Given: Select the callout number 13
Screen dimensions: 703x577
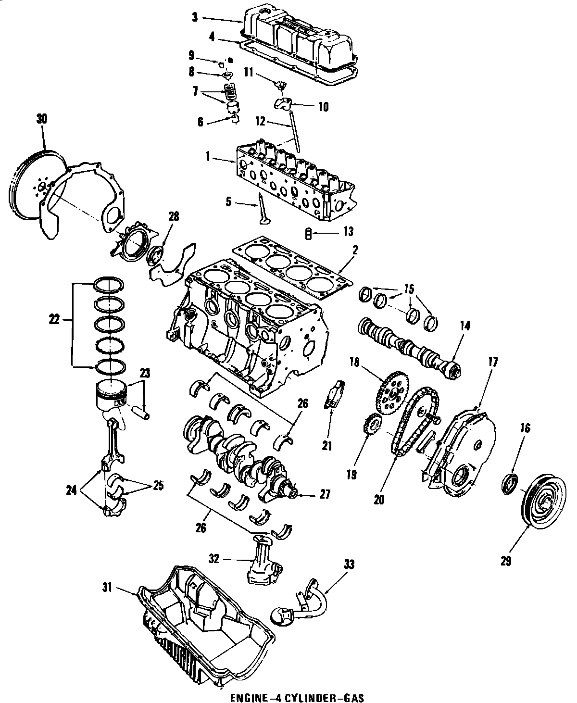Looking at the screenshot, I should (347, 232).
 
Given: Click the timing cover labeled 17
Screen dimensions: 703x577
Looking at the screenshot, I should (457, 452).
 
